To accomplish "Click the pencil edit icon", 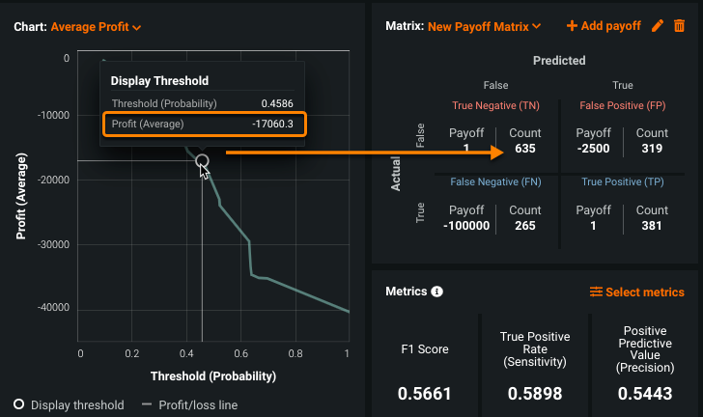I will pos(658,26).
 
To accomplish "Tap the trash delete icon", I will pos(679,26).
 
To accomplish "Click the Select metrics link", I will pos(636,292).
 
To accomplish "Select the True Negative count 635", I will pos(525,149).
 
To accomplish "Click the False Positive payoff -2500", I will pos(593,149).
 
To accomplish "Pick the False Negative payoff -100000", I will pos(466,226).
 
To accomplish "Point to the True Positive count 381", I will pos(652,226).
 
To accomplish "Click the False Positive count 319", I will pos(652,149).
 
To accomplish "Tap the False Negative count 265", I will pos(525,226).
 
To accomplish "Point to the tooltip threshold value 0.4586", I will pos(277,103).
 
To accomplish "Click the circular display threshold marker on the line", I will pos(202,161).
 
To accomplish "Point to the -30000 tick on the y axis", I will pos(51,245).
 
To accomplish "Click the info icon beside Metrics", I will pos(436,292).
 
